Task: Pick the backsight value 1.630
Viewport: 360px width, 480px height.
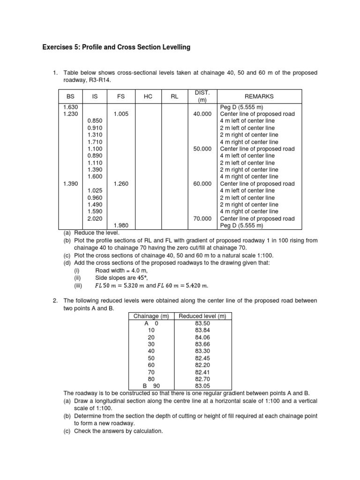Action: pyautogui.click(x=70, y=107)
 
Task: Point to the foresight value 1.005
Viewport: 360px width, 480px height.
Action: pyautogui.click(x=121, y=114)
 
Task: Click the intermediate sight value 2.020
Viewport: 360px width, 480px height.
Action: pyautogui.click(x=96, y=218)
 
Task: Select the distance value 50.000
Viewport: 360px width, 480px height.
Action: pyautogui.click(x=202, y=149)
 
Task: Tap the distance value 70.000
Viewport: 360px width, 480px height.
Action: pyautogui.click(x=202, y=218)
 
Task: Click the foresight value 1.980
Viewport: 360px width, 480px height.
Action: pyautogui.click(x=121, y=225)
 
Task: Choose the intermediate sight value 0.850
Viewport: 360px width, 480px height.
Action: pyautogui.click(x=96, y=121)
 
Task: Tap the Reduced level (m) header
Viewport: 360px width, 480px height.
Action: pyautogui.click(x=202, y=316)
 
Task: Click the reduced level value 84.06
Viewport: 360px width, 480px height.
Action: pyautogui.click(x=202, y=337)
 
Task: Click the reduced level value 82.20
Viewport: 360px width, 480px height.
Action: pyautogui.click(x=202, y=364)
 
